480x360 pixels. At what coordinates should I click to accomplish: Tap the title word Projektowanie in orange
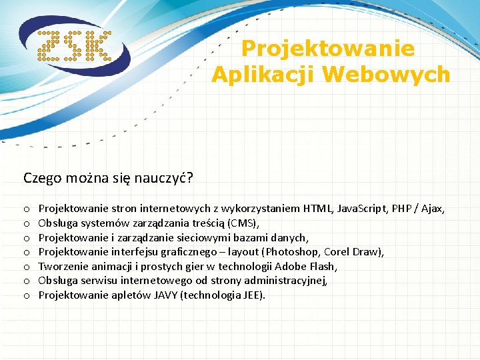327,49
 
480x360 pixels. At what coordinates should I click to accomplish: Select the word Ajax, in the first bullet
432,209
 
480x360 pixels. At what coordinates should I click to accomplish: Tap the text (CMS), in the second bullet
243,223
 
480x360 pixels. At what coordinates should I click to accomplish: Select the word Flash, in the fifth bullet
323,267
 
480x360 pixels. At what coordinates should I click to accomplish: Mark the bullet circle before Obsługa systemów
27,223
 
